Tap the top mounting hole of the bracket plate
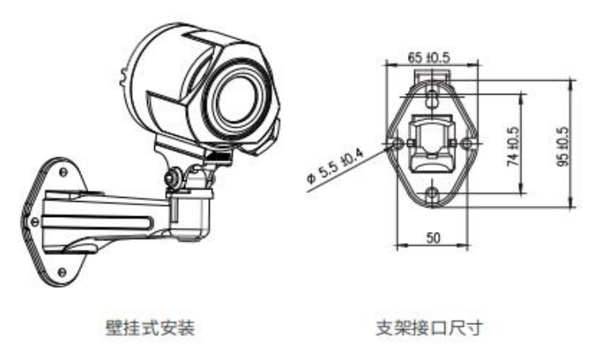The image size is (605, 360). [x=432, y=97]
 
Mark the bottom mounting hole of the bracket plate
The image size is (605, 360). [x=432, y=193]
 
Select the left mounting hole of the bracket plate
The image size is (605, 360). [x=398, y=143]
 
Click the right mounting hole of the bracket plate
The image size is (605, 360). [x=467, y=143]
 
